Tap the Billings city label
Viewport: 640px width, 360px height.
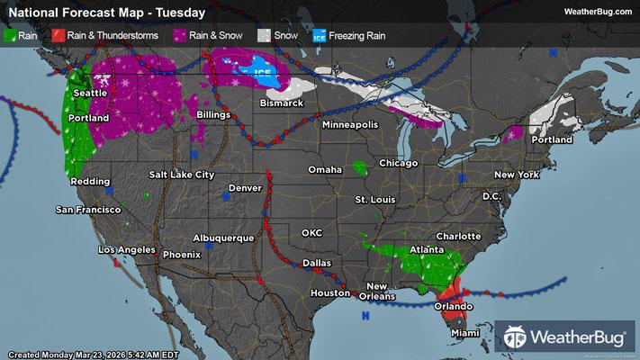(x=212, y=116)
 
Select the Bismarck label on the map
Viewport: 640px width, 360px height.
(x=280, y=103)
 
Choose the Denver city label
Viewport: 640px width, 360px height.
(x=246, y=187)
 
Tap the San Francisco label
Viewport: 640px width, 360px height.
(x=88, y=210)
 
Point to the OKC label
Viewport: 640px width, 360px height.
(x=311, y=232)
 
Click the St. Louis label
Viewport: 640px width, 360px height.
(x=373, y=198)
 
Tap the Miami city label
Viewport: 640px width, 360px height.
(x=464, y=333)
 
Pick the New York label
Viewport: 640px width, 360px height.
(x=516, y=174)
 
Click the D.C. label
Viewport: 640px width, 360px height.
(x=491, y=195)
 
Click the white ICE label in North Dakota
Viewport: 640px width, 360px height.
(x=261, y=71)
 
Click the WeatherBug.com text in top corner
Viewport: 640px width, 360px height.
(x=596, y=11)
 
